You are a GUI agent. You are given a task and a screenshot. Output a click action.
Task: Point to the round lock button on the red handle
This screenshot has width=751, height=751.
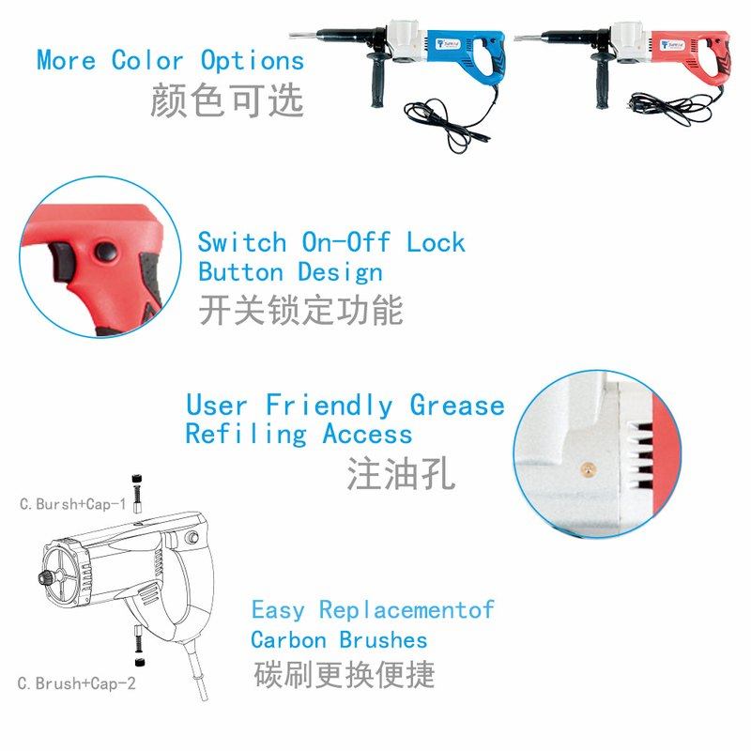[105, 250]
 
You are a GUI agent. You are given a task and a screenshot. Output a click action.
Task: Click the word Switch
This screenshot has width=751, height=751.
[241, 242]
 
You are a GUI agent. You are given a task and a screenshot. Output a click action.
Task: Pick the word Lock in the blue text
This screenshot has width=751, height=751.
[436, 242]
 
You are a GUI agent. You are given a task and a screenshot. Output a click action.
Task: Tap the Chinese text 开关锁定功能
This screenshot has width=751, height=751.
[300, 310]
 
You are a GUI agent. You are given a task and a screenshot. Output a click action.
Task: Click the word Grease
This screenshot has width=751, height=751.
[457, 406]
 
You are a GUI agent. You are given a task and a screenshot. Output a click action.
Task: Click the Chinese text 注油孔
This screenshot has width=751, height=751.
[401, 473]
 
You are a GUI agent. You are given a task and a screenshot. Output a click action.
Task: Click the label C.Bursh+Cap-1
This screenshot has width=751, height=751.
[73, 504]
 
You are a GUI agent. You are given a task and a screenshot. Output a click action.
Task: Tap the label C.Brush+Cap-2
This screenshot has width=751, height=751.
[77, 683]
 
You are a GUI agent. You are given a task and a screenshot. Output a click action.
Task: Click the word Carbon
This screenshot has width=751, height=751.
[288, 640]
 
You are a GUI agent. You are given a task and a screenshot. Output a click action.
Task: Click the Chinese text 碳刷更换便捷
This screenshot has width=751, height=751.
[345, 674]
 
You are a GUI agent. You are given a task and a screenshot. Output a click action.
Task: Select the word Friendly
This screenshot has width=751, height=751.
[329, 406]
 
